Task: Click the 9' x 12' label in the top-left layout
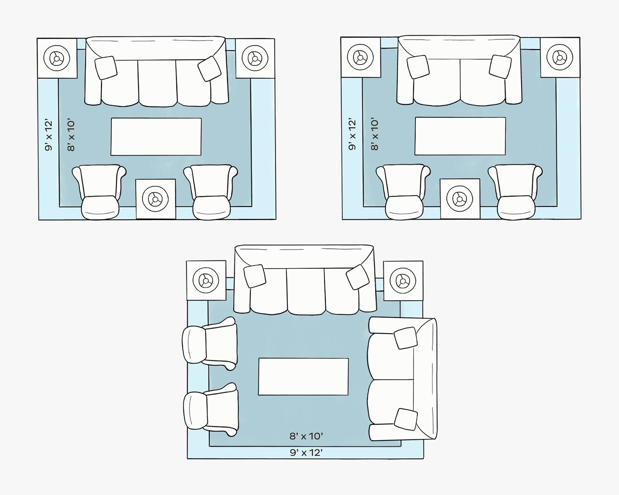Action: [49, 135]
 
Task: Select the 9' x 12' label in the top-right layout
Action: [352, 134]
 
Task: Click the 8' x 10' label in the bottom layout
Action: [306, 436]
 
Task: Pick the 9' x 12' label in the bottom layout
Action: [306, 453]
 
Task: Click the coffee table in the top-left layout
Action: [156, 137]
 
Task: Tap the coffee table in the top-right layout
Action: [460, 136]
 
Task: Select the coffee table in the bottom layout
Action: [303, 377]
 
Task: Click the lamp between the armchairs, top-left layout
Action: [155, 199]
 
